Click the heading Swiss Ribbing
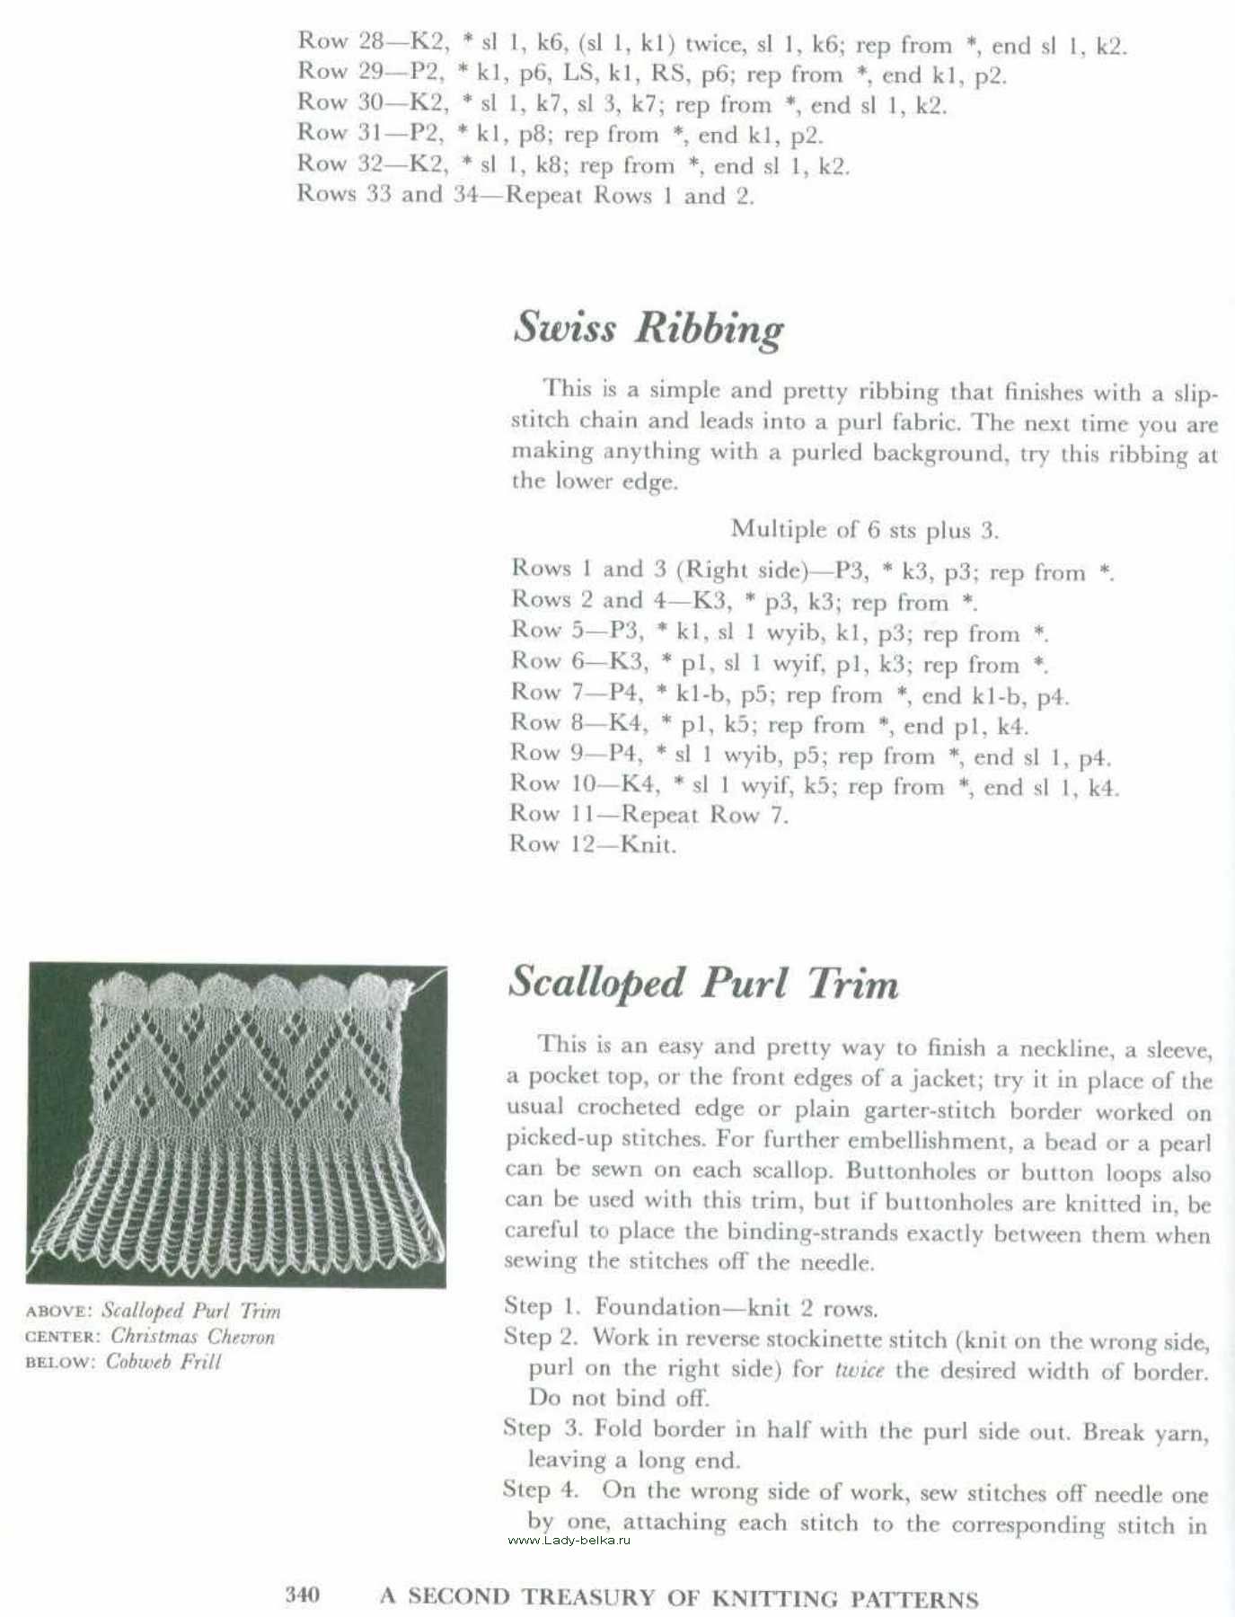[x=648, y=328]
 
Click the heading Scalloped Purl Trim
[x=702, y=983]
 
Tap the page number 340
[x=302, y=1595]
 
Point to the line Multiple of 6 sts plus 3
[x=864, y=529]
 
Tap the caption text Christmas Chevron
[x=192, y=1337]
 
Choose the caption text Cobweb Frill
[x=163, y=1362]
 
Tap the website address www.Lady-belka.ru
[x=569, y=1541]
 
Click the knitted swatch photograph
[x=237, y=1124]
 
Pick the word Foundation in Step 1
[x=658, y=1307]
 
